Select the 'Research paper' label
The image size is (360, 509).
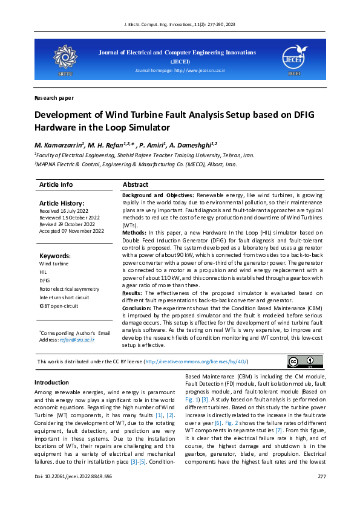point(54,97)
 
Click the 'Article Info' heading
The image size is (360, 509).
point(56,184)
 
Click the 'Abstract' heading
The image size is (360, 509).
point(136,184)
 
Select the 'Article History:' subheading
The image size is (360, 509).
point(62,203)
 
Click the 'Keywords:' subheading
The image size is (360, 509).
point(55,256)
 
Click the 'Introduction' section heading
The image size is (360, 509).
point(51,383)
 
